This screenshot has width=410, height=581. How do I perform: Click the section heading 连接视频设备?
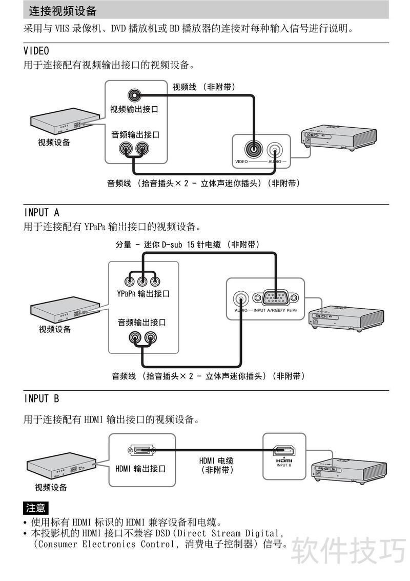point(63,11)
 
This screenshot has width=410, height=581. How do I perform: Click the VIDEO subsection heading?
point(36,51)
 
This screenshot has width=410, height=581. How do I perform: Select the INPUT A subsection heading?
point(42,213)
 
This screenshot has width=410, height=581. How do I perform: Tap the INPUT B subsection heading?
point(42,398)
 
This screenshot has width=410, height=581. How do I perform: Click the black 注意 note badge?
point(35,508)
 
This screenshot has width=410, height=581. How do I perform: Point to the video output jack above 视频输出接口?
point(134,95)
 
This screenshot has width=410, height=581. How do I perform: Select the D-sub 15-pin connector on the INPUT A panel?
point(276,297)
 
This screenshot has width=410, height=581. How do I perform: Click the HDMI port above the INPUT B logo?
point(284,451)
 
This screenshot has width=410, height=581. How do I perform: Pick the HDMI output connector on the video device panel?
point(140,451)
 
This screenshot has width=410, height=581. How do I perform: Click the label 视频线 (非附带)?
point(203,87)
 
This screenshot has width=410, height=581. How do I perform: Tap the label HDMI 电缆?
point(216,460)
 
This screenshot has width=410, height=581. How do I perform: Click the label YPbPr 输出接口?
point(143,294)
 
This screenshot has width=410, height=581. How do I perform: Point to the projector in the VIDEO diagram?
point(339,137)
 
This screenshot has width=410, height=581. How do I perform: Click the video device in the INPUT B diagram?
point(61,467)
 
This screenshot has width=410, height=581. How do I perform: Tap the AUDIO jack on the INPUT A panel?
point(241,298)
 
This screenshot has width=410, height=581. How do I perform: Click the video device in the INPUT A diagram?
point(65,308)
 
